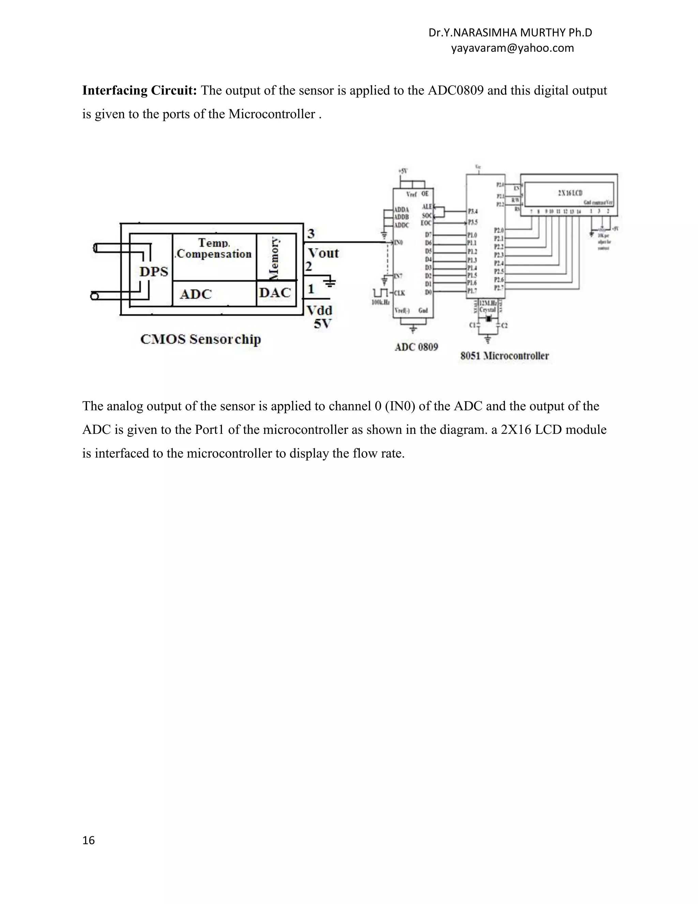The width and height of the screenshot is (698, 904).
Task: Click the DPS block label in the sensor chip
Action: click(x=154, y=272)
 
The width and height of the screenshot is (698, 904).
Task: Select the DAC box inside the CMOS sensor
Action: click(x=275, y=293)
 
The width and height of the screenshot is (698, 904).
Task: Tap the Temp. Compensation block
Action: click(x=214, y=248)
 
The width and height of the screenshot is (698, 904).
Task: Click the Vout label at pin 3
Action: click(x=323, y=253)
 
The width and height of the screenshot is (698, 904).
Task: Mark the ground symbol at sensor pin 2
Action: click(x=330, y=283)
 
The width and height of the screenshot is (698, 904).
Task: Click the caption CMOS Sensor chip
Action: click(x=200, y=339)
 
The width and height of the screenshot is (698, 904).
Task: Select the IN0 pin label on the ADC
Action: click(x=398, y=243)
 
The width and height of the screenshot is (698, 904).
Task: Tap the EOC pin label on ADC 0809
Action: click(x=426, y=223)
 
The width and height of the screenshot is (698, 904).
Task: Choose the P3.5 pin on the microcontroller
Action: click(x=473, y=222)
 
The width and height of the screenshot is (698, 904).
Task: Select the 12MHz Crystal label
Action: click(x=488, y=306)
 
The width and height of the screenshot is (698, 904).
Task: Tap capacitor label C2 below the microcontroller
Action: click(x=504, y=326)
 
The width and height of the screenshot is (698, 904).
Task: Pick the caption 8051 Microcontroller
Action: click(x=504, y=355)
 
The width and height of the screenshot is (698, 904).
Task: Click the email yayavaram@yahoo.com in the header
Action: click(x=512, y=48)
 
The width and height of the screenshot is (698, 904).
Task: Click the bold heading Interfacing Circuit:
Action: click(x=139, y=91)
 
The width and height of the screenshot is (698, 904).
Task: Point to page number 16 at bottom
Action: click(x=89, y=840)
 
